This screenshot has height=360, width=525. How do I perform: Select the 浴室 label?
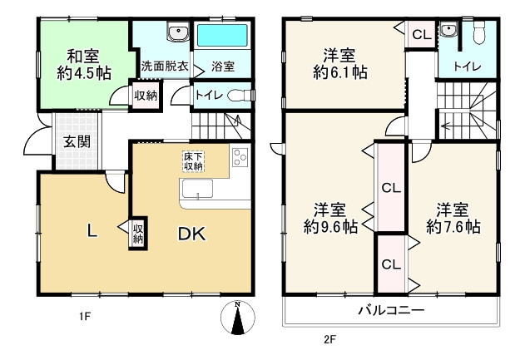(x=222, y=66)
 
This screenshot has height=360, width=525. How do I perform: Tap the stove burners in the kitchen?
(x=240, y=157)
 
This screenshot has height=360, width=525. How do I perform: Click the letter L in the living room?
(x=92, y=234)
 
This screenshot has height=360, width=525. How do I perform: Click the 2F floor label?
(x=329, y=338)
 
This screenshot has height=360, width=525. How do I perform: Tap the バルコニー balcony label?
(x=391, y=311)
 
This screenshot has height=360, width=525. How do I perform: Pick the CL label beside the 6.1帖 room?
(x=420, y=35)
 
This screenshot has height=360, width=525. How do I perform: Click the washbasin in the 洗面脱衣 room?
(x=178, y=33)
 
